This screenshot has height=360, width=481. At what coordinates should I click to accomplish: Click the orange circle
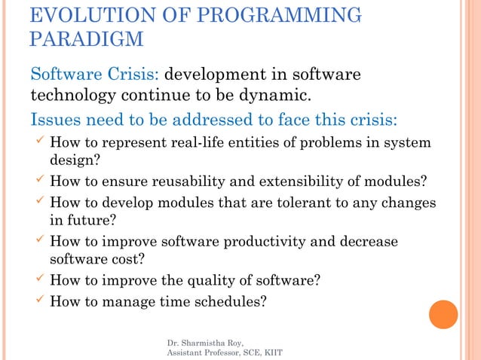(443, 315)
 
